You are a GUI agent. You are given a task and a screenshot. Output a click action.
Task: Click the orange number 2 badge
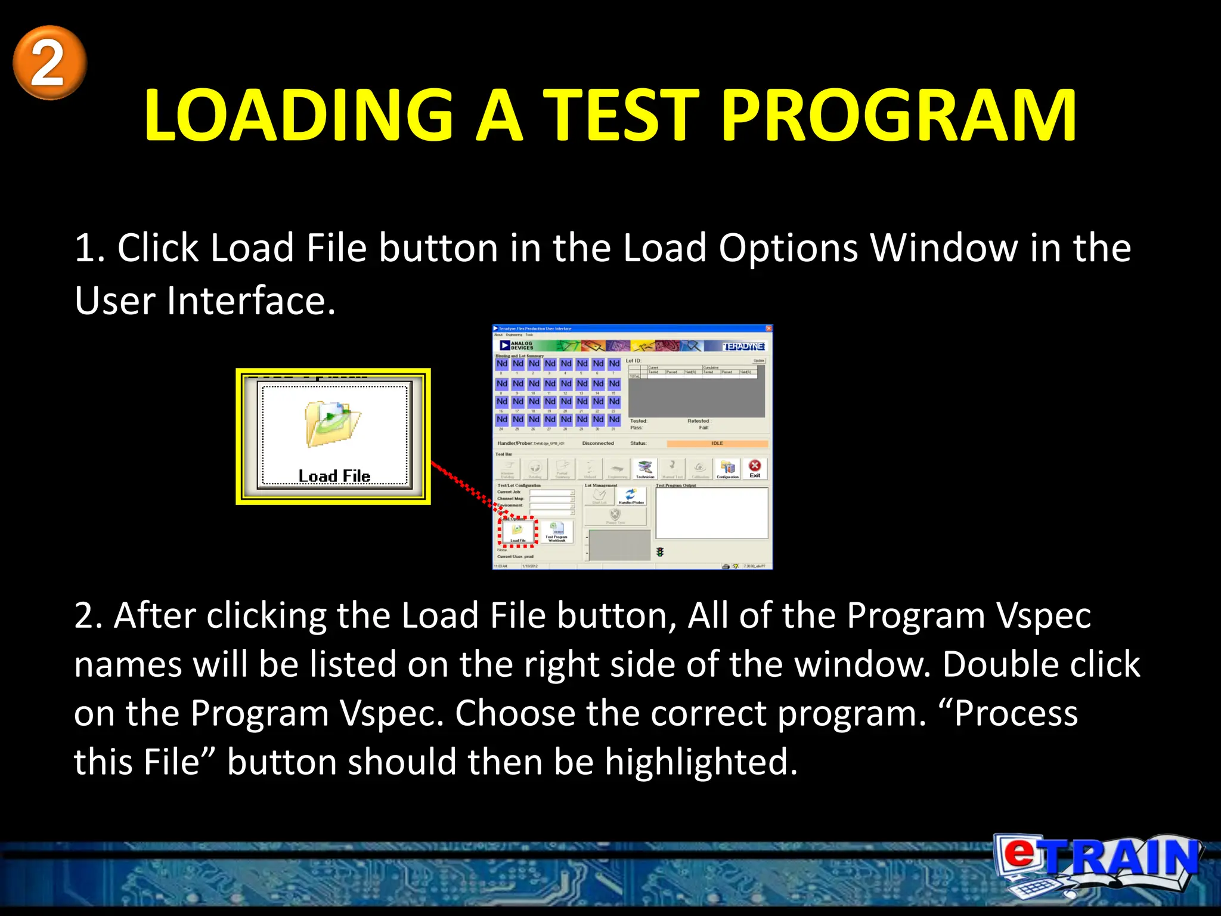[49, 63]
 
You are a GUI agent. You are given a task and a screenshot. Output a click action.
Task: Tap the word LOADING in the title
[299, 116]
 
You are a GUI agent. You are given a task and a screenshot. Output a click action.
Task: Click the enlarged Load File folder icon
[332, 424]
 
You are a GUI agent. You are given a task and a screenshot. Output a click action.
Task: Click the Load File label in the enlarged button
[334, 475]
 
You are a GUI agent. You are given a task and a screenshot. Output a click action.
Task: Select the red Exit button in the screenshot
[755, 468]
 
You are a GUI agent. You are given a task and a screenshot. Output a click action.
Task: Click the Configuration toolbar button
[727, 469]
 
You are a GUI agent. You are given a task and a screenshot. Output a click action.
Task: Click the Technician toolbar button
[645, 469]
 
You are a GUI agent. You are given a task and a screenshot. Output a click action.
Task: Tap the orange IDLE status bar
[717, 443]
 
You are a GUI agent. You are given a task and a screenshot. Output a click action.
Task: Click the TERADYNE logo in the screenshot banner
[743, 346]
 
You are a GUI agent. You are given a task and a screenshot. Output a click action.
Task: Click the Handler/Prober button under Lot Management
[631, 496]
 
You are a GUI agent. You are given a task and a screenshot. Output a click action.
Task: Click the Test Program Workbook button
[557, 531]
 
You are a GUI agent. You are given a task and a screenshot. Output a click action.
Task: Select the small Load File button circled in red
[517, 531]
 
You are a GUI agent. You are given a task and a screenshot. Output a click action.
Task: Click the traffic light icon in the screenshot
[660, 552]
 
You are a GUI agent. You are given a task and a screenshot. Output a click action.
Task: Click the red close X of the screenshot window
[768, 329]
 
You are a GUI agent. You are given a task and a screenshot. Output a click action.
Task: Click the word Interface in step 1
[251, 301]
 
